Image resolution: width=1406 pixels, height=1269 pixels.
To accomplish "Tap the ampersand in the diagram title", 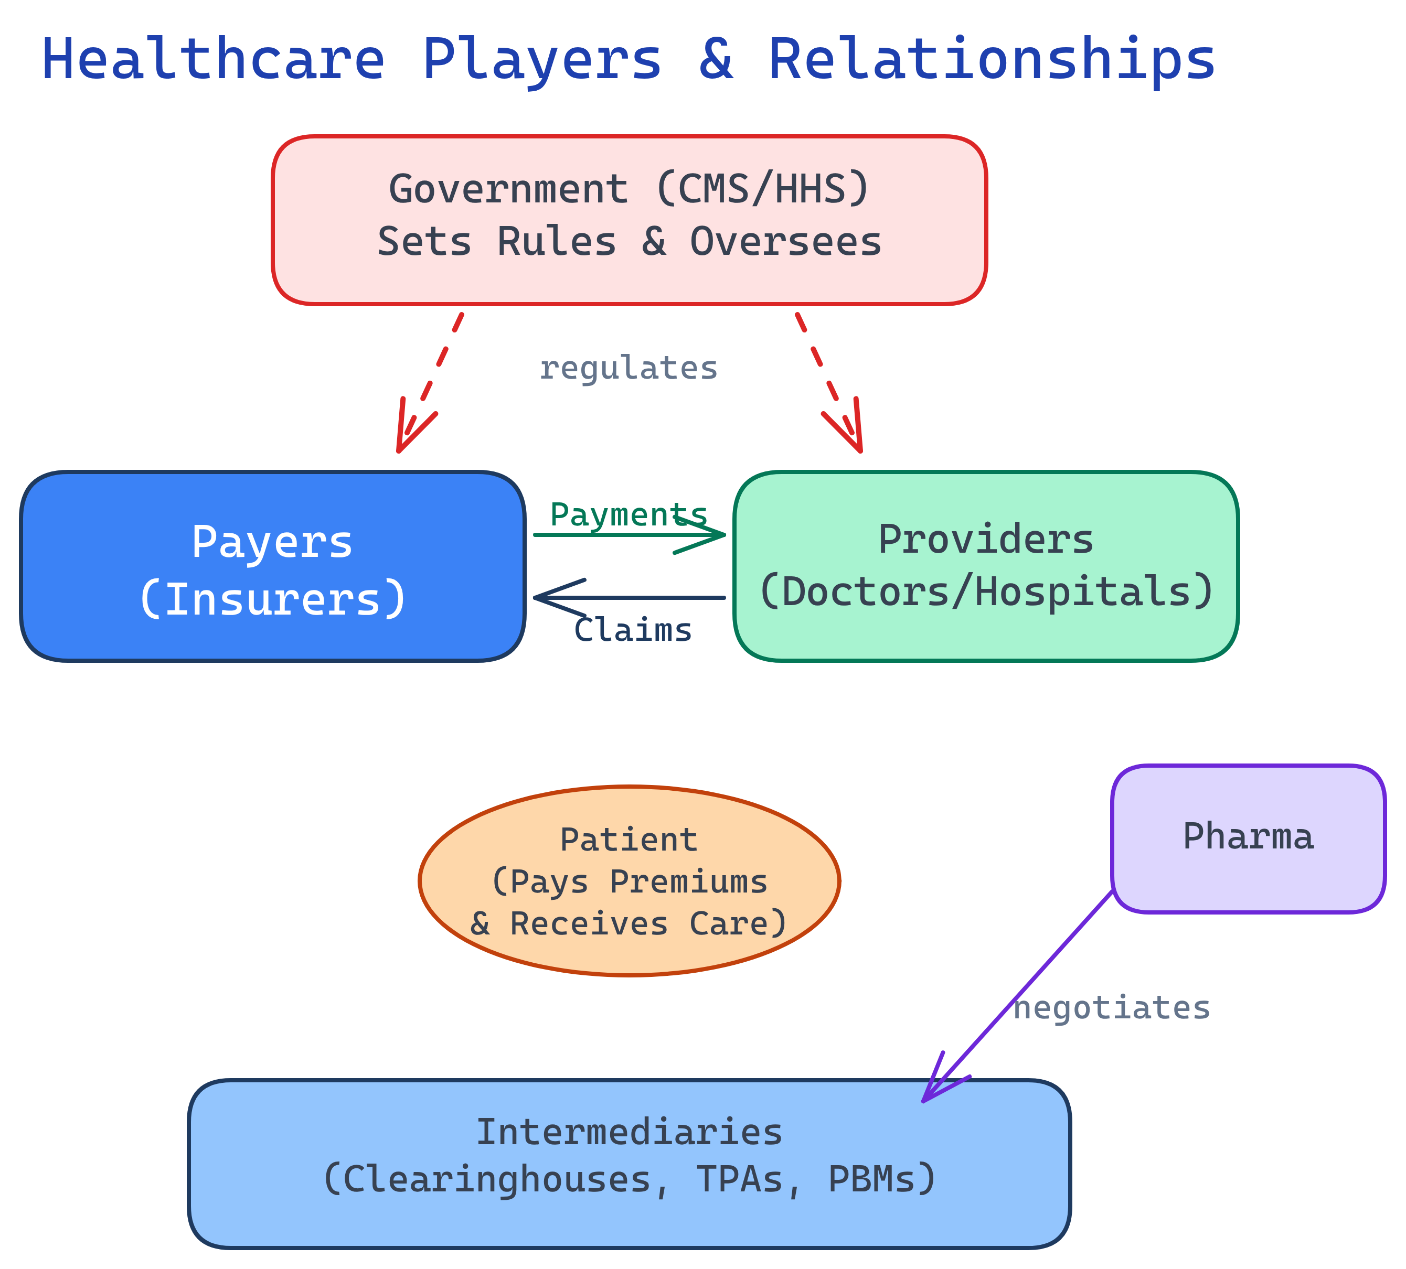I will (x=716, y=60).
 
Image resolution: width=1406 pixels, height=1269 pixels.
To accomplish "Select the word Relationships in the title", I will (x=992, y=60).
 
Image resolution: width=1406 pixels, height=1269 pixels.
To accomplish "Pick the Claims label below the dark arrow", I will (x=633, y=630).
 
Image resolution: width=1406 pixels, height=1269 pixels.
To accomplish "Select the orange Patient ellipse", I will (x=629, y=880).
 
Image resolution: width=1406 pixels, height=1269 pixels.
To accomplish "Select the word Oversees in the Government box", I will (x=786, y=242).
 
